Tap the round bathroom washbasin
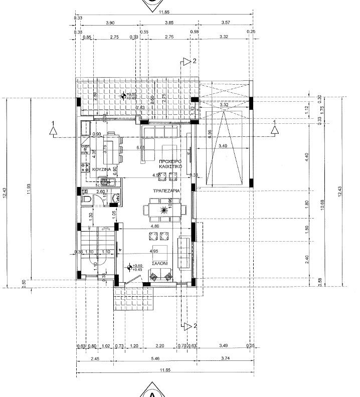click(116, 198)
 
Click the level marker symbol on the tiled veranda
click(123, 96)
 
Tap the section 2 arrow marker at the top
click(189, 62)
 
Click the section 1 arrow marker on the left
click(54, 130)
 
